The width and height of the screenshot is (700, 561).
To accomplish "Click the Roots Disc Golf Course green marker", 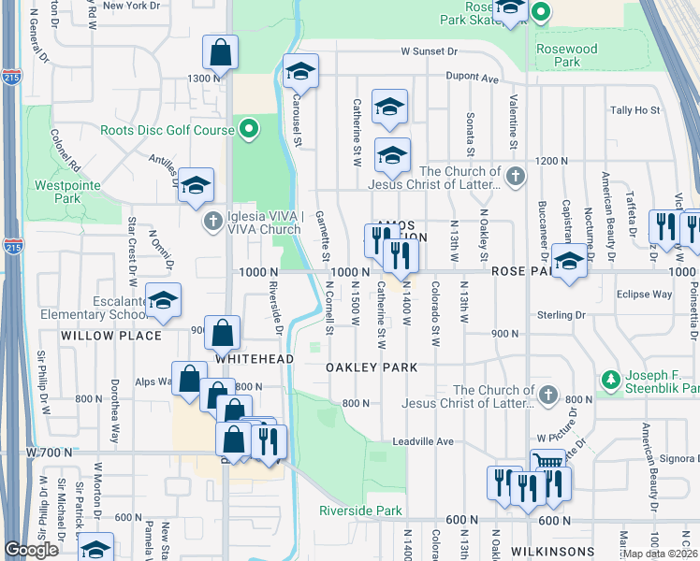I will [x=248, y=130].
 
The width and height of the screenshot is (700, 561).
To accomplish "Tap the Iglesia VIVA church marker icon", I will [x=212, y=221].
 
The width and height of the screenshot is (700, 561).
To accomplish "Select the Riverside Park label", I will [x=360, y=511].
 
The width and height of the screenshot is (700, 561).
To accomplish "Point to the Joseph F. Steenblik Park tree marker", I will [x=611, y=380].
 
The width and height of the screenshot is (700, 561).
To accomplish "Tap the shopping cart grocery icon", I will [x=547, y=463].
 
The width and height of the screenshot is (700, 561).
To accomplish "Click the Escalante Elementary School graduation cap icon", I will [x=163, y=301].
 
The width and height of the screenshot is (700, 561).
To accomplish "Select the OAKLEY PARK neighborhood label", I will [x=372, y=367].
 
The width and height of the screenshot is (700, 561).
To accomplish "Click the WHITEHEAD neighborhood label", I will [x=255, y=358].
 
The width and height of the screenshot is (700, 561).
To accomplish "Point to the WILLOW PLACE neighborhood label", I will [x=98, y=334].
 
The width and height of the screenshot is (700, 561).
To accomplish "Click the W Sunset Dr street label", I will [x=429, y=52].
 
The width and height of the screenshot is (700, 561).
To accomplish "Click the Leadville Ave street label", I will [x=423, y=440].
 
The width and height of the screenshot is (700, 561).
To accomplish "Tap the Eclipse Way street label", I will [x=645, y=294].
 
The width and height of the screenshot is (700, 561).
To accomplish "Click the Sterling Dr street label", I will [x=561, y=315].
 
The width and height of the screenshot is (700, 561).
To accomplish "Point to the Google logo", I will [x=31, y=550].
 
